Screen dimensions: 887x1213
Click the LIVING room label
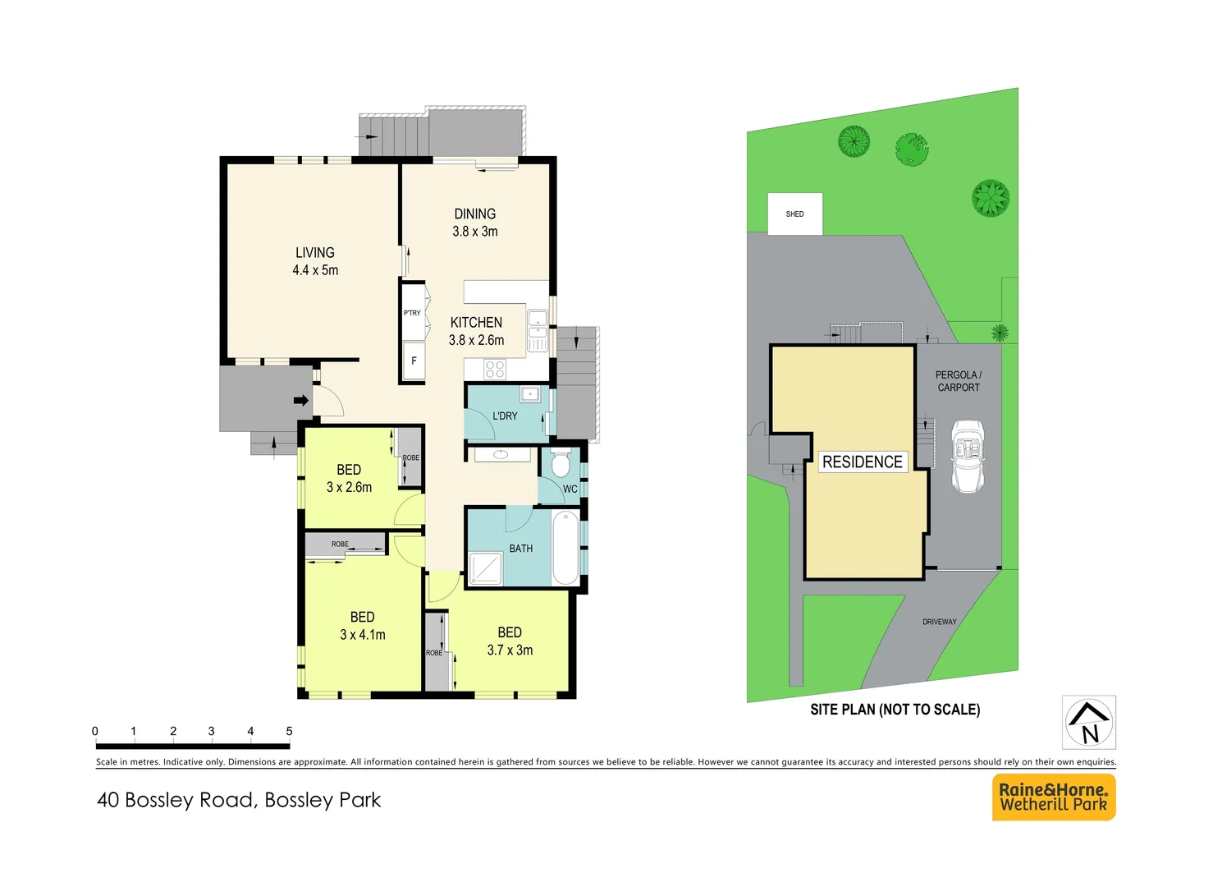(x=315, y=253)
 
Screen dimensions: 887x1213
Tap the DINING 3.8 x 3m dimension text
(x=475, y=232)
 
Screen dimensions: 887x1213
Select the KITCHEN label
(x=476, y=323)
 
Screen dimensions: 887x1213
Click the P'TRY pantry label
(x=412, y=313)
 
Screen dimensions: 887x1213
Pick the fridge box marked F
(x=414, y=361)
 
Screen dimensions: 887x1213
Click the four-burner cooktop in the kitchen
(x=495, y=369)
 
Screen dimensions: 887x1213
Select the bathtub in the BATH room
(x=565, y=547)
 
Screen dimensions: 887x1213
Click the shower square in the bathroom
(x=486, y=568)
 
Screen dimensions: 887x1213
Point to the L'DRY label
(x=505, y=416)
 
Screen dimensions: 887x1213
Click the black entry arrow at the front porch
(x=301, y=401)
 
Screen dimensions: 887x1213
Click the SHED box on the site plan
(x=794, y=214)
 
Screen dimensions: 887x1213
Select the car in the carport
(x=968, y=457)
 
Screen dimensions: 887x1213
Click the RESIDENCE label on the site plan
(x=862, y=462)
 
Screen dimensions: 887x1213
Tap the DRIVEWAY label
(x=939, y=622)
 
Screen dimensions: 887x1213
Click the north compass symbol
(x=1088, y=723)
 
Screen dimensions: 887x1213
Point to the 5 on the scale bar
(x=289, y=731)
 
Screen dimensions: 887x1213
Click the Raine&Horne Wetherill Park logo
(x=1054, y=797)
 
